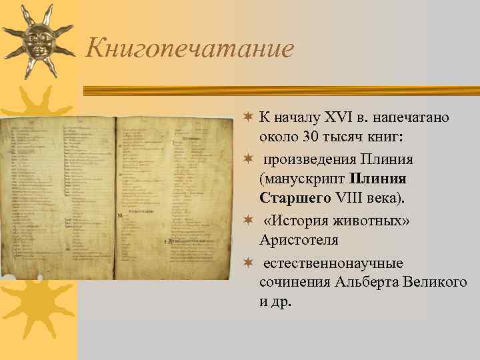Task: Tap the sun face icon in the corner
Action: pyautogui.click(x=36, y=42)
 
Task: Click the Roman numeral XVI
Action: pyautogui.click(x=335, y=118)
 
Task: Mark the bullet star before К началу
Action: pyautogui.click(x=247, y=117)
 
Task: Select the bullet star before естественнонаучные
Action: pyautogui.click(x=247, y=263)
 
